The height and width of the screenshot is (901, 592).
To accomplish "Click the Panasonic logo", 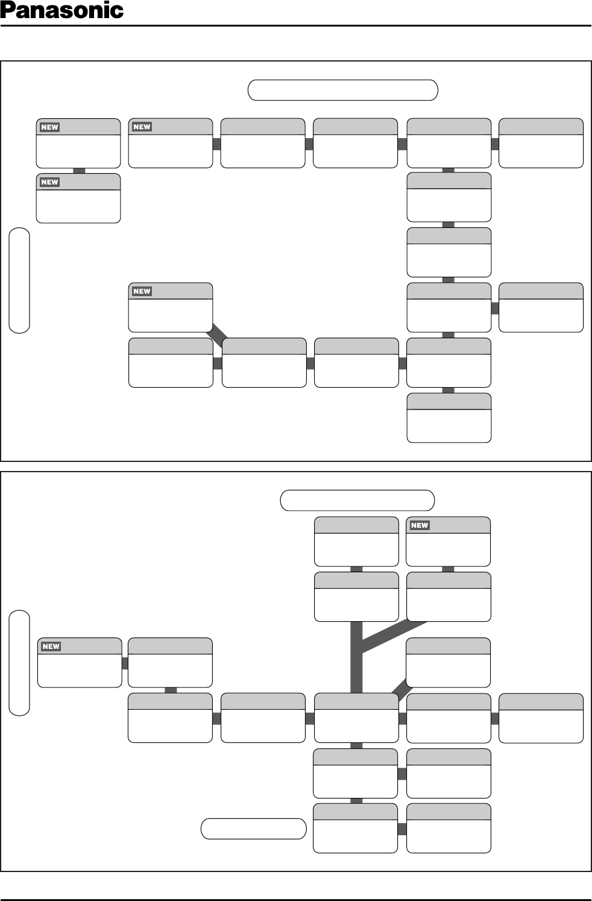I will click(x=62, y=11).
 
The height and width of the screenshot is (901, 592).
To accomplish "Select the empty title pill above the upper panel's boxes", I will click(x=342, y=90).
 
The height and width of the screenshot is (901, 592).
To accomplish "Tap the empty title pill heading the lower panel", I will click(x=357, y=501).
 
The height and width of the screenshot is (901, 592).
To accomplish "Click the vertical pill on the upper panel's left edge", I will click(x=19, y=280).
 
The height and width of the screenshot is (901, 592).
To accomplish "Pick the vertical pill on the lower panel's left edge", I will click(x=19, y=663).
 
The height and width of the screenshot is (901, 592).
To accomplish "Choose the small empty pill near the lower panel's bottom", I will click(x=253, y=829).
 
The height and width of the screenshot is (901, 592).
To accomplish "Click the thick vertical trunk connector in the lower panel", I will click(x=356, y=657).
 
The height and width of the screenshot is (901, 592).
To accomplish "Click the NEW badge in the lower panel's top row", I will click(x=420, y=525).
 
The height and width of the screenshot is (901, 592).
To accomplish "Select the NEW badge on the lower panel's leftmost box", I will click(x=51, y=647).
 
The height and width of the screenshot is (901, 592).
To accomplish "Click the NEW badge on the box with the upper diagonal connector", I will click(x=142, y=291).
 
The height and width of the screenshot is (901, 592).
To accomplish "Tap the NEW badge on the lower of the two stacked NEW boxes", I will click(x=49, y=182).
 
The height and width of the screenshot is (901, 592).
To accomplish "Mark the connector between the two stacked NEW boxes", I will click(x=78, y=171).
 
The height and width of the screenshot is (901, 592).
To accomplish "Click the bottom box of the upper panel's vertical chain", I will click(x=449, y=418).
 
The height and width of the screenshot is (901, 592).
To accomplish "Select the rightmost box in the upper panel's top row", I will click(x=541, y=144).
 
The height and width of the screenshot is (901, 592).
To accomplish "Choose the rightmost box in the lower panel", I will click(x=541, y=718).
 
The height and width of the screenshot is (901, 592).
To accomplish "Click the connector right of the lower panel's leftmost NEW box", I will click(x=125, y=663).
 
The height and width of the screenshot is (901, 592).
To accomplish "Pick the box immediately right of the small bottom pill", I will click(x=355, y=829).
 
